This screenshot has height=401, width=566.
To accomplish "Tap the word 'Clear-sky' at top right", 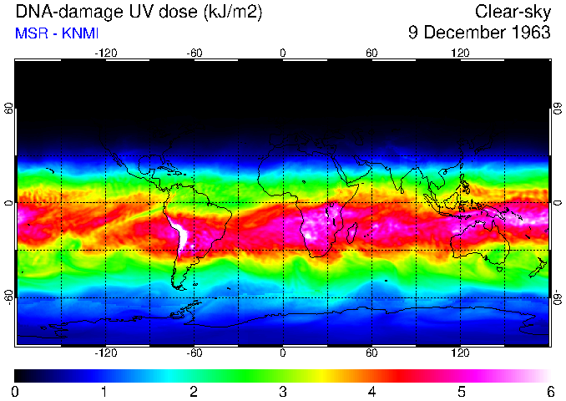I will tap(513, 12).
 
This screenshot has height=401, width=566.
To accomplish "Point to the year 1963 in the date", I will tap(529, 33).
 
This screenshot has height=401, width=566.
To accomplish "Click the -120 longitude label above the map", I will tap(105, 53).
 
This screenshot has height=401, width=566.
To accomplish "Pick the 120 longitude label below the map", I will tap(460, 353).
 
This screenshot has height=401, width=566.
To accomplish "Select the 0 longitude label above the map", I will tap(283, 53).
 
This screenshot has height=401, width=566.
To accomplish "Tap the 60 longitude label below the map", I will tap(371, 353).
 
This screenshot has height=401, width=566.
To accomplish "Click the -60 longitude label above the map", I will tap(194, 53).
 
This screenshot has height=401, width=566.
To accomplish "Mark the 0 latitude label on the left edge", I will tap(8, 203).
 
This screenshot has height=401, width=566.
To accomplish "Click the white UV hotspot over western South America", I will tap(179, 233).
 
